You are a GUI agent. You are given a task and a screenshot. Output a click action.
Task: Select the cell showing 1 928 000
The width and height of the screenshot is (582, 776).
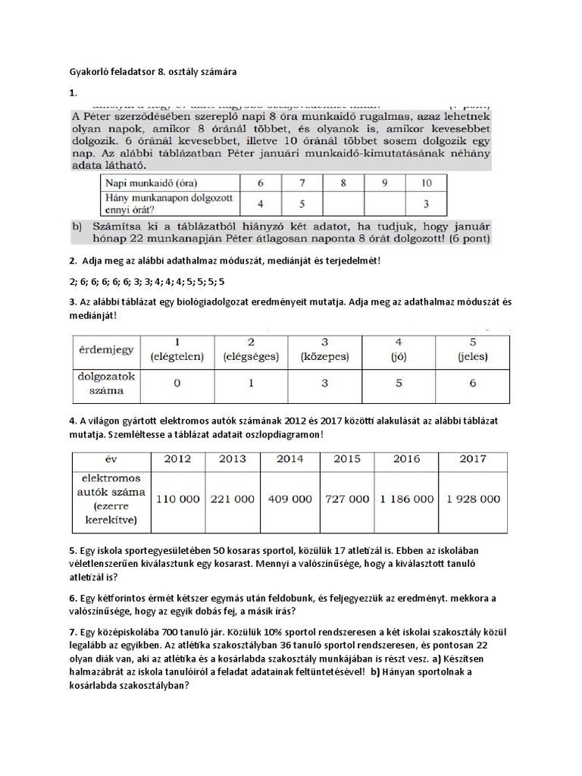tap(472, 499)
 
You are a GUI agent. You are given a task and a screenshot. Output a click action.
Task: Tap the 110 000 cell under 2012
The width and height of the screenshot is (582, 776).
tap(178, 499)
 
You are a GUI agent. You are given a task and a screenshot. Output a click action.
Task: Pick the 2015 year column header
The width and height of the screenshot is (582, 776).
tap(348, 459)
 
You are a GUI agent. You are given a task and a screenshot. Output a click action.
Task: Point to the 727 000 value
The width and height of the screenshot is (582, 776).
tap(348, 499)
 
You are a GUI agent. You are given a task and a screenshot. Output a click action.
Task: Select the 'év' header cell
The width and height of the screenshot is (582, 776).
tap(111, 459)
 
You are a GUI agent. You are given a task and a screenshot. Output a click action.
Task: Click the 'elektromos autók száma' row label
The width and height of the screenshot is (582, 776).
tap(111, 499)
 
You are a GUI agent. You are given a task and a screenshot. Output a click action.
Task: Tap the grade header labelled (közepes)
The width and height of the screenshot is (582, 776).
tap(324, 349)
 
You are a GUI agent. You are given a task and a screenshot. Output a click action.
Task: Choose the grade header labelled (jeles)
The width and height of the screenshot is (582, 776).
tap(472, 349)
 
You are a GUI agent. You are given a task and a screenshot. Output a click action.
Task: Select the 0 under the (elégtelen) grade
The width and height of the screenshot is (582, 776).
tap(177, 383)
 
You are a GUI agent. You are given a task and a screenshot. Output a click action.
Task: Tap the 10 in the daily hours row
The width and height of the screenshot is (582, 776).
tap(427, 183)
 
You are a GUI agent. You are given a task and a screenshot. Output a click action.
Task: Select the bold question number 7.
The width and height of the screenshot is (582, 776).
tap(71, 630)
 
